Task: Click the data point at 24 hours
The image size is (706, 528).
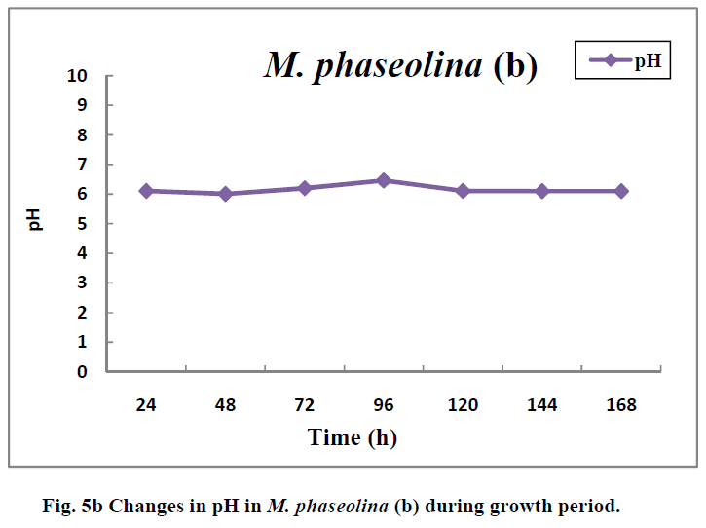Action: coord(146,191)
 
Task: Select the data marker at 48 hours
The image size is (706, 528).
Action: coord(226,194)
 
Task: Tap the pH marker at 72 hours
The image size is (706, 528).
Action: coord(305,188)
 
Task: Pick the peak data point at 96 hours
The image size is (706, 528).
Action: coord(384,180)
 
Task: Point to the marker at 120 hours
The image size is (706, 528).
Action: coord(463,191)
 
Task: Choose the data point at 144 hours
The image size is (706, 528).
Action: coord(542,191)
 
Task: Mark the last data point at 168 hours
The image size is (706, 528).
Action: coord(621,191)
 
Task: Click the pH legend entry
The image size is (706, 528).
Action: coord(624,60)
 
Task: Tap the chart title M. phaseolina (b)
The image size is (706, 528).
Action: coord(399,65)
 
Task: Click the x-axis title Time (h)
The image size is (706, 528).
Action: coord(353,437)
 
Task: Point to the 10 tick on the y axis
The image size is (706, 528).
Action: coord(78,76)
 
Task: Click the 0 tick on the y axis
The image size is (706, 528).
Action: coord(82,371)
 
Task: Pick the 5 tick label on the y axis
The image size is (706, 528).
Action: coord(82,224)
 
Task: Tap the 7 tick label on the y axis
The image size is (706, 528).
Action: coord(82,165)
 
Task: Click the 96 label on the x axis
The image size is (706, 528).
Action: coord(384,405)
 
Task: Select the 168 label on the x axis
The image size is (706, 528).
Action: coord(621,405)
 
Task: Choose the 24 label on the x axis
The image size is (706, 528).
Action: coord(146,405)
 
